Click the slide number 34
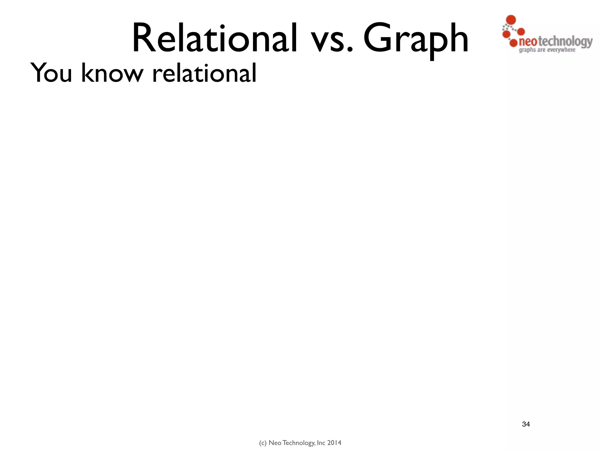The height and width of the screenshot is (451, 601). pos(526,424)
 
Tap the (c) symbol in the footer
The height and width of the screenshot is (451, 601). pos(263,443)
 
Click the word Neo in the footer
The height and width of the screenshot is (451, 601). pos(275,443)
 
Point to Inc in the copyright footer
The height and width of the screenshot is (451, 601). pos(321,443)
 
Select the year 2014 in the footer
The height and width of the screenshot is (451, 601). pos(334,443)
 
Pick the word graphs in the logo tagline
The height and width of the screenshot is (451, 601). pos(527,50)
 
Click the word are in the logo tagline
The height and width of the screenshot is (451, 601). pos(541,50)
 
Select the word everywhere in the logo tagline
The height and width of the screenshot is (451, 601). pos(561,50)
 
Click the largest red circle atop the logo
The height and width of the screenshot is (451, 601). pos(511,19)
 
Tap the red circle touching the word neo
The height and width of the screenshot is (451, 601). pos(513,43)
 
